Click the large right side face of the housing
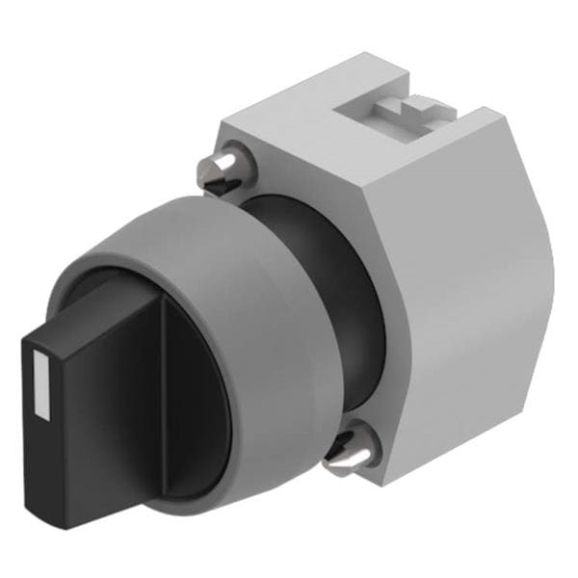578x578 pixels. click(x=472, y=289)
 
